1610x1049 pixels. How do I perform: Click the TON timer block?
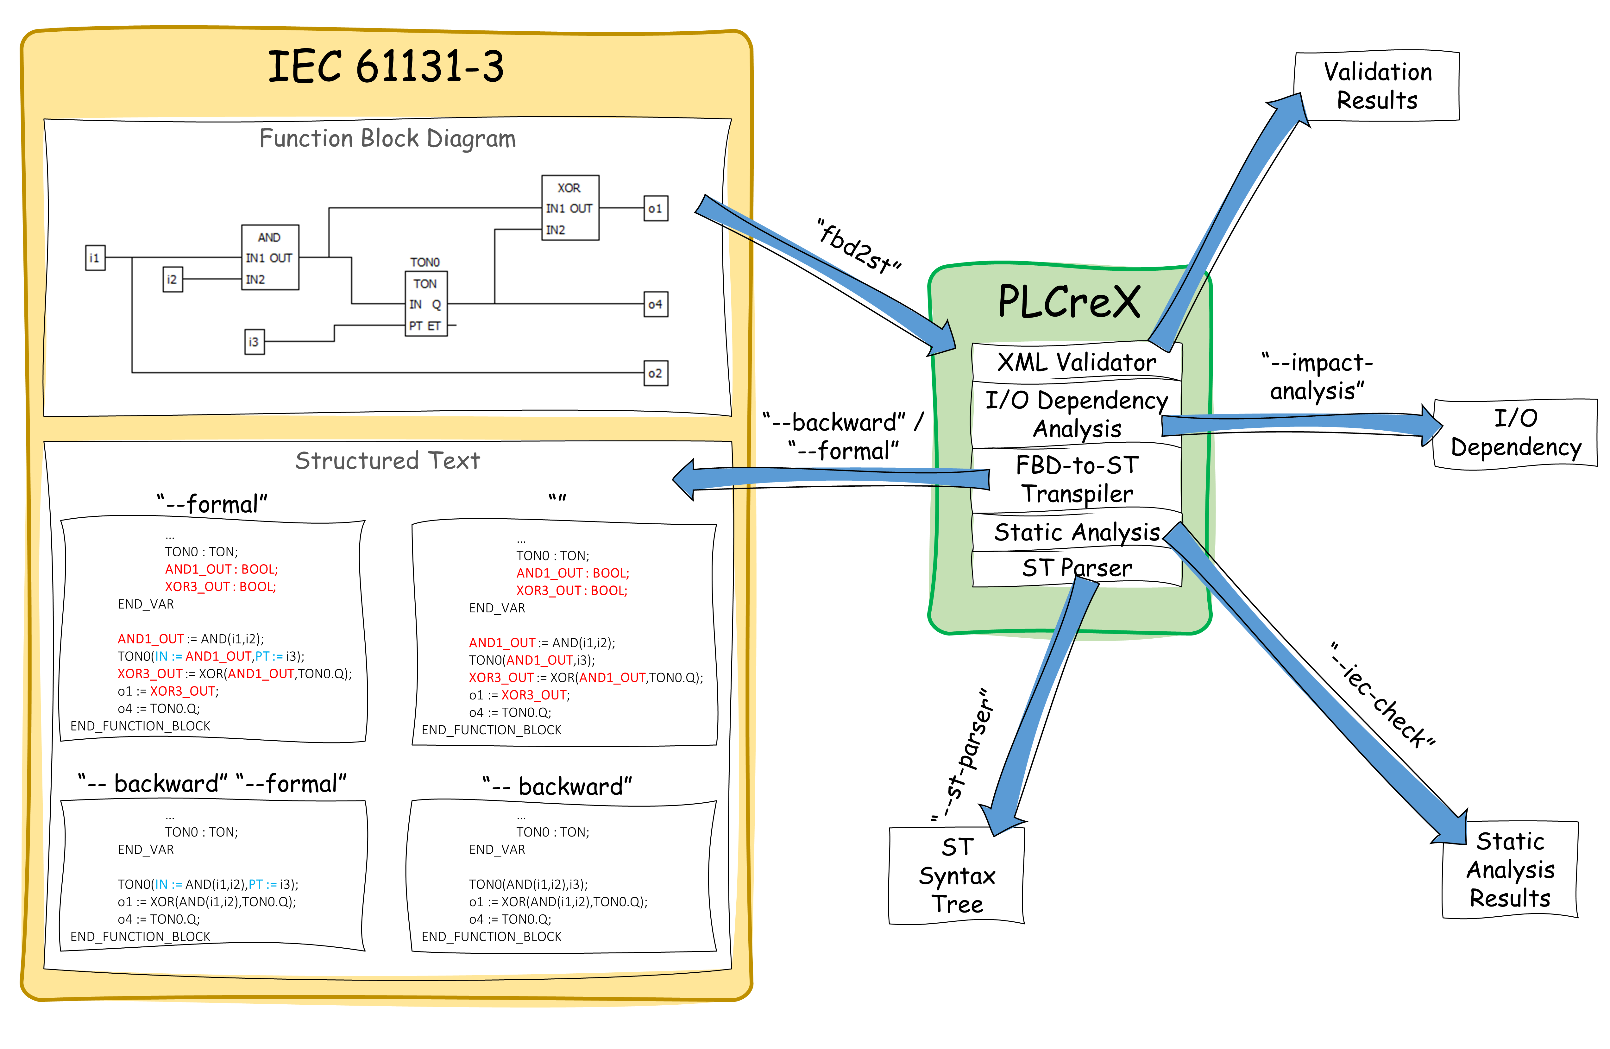(425, 304)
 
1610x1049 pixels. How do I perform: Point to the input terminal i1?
(95, 258)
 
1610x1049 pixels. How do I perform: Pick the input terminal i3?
(254, 342)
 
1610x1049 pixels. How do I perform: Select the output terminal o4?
(655, 304)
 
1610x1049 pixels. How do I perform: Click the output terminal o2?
(655, 373)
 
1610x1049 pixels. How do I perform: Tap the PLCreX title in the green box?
(1069, 302)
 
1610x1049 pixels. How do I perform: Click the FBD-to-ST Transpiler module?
(1077, 479)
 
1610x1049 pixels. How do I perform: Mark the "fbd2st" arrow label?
(859, 246)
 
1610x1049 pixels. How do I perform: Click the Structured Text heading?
(387, 461)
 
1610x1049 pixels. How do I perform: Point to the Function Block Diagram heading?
(387, 139)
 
